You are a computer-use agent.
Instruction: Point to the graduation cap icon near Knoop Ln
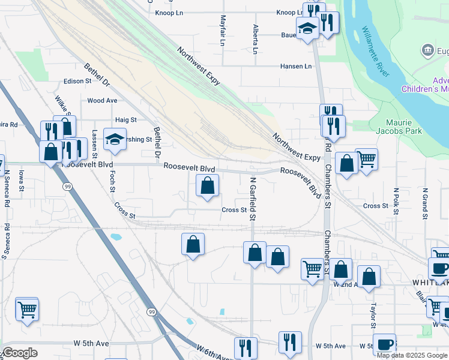[x=307, y=28]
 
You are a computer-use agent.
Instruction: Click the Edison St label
[x=78, y=80]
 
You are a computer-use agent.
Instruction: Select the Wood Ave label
[x=102, y=101]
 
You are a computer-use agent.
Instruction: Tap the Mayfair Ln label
[x=223, y=31]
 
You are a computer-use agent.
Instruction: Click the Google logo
[x=20, y=353]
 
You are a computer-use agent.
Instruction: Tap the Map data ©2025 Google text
[x=412, y=355]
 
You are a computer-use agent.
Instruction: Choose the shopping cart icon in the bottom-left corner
[x=27, y=310]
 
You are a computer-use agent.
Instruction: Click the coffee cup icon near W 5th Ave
[x=384, y=344]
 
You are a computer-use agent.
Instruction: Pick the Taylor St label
[x=373, y=311]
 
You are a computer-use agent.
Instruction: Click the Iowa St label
[x=21, y=180]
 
